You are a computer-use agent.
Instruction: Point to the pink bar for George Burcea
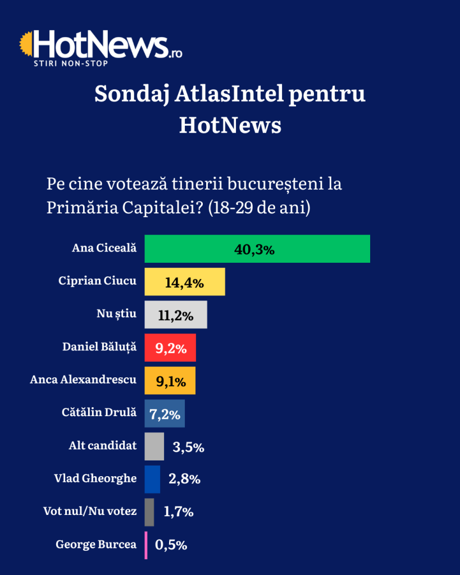[x=147, y=545]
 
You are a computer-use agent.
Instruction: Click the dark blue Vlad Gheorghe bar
[x=152, y=479]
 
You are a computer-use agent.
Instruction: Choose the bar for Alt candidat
[x=154, y=446]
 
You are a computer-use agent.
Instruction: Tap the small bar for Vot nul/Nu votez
[x=149, y=512]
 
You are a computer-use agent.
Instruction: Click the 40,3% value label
[x=254, y=250]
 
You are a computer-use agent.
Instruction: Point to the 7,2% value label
[x=165, y=414]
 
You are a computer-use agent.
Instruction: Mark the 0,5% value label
[x=171, y=545]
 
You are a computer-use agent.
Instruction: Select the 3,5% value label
[x=188, y=448]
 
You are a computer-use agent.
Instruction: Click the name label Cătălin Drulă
[x=99, y=413]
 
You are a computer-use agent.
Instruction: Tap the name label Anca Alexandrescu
[x=83, y=380]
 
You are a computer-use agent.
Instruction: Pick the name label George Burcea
[x=96, y=544]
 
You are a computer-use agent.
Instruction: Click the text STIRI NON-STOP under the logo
[x=71, y=62]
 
